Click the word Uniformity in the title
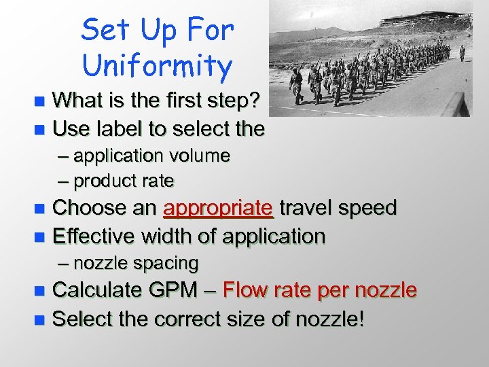point(157,66)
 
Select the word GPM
point(171,290)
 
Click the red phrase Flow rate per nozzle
point(319,290)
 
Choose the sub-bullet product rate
point(124,181)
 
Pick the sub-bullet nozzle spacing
point(136,262)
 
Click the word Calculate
point(99,290)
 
